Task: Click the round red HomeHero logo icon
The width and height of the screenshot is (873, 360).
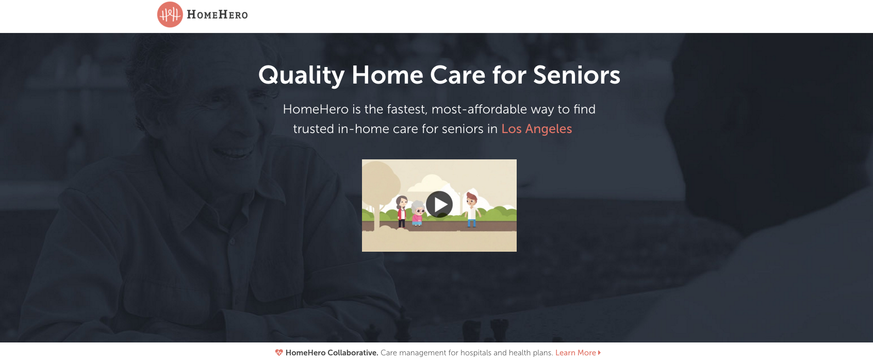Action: pos(170,14)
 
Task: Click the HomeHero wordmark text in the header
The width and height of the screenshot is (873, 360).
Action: pos(217,15)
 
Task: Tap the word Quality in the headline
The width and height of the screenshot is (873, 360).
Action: pos(301,76)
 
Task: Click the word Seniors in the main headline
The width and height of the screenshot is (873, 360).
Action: pos(576,75)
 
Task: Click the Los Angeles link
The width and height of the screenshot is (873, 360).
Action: pos(537,129)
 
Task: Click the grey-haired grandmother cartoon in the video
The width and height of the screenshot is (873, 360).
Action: pos(417,213)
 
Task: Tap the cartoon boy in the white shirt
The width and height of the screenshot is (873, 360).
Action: pos(472,209)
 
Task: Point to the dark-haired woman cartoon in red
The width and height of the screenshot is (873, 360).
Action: pos(401,211)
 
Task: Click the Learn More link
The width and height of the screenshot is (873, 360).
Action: pos(575,353)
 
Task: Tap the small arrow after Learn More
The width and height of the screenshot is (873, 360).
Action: pos(599,353)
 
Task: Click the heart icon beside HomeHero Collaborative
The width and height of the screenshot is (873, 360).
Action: pos(279,353)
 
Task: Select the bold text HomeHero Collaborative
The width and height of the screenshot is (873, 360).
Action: pos(332,353)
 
